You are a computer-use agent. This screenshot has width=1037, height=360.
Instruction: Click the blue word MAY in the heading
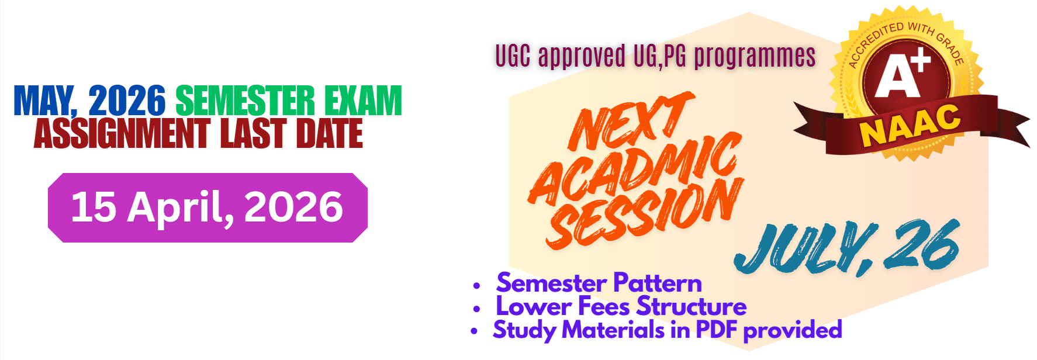pyautogui.click(x=44, y=101)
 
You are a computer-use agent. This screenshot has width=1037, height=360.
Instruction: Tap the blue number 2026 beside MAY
pyautogui.click(x=127, y=101)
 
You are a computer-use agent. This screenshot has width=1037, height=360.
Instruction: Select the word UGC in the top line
pyautogui.click(x=513, y=56)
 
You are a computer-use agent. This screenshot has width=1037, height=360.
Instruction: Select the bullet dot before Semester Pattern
pyautogui.click(x=477, y=286)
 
